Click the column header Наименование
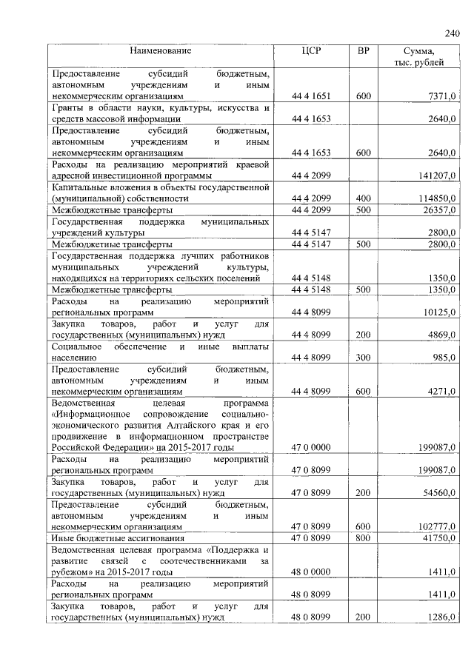pos(160,51)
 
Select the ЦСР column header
pos(310,51)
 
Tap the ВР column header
pos(363,51)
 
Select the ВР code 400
pos(363,199)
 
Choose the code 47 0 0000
pos(310,448)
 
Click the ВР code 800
pos(363,537)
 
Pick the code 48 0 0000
pos(310,572)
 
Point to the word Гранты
pos(67,108)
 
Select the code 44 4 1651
pos(310,96)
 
